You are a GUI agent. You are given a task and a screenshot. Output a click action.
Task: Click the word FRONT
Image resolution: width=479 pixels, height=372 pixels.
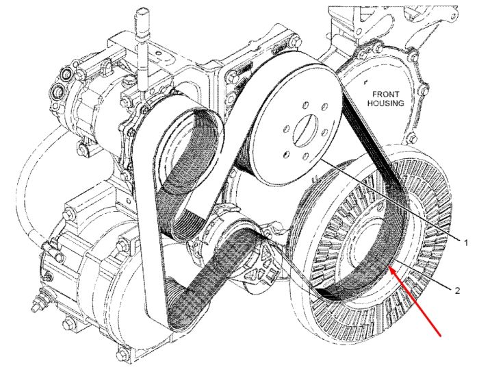(x=385, y=95)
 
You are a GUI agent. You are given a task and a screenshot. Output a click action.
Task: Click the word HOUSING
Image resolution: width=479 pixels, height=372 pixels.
(x=385, y=103)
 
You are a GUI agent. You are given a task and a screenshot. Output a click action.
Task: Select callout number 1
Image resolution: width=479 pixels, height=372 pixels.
(x=466, y=243)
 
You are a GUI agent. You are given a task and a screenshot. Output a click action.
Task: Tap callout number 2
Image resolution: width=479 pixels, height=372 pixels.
(x=457, y=290)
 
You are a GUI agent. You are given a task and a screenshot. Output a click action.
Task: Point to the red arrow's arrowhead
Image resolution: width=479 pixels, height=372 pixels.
(x=392, y=271)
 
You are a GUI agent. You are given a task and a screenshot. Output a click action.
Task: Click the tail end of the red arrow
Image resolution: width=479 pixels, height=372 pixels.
(x=441, y=336)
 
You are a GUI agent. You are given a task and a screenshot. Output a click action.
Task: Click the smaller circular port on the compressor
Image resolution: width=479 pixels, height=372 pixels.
(x=66, y=74)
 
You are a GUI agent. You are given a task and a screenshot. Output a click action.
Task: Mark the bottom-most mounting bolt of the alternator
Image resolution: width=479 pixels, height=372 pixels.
(x=122, y=355)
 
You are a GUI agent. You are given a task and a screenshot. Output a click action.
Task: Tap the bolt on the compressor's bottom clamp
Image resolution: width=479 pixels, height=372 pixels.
(x=83, y=149)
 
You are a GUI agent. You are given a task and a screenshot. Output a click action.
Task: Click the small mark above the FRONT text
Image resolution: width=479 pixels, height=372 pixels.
(x=365, y=82)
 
